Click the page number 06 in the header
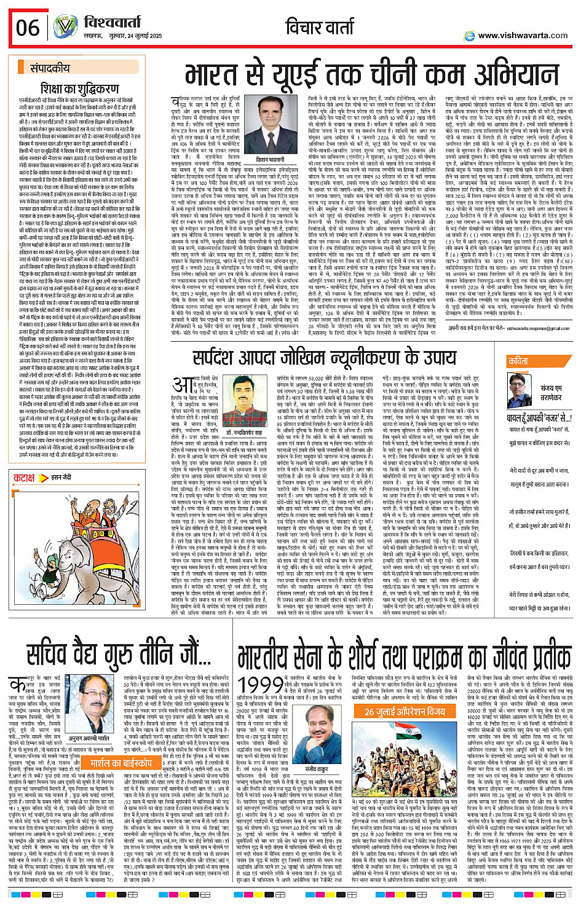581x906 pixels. click(x=28, y=28)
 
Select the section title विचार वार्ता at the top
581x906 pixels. click(x=320, y=28)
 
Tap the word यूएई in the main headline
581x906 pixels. click(x=342, y=73)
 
